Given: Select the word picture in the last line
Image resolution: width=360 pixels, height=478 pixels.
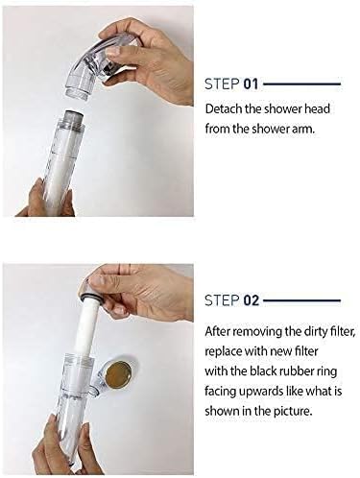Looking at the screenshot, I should click(295, 406).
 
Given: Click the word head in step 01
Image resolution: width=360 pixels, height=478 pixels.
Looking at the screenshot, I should click(312, 109).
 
